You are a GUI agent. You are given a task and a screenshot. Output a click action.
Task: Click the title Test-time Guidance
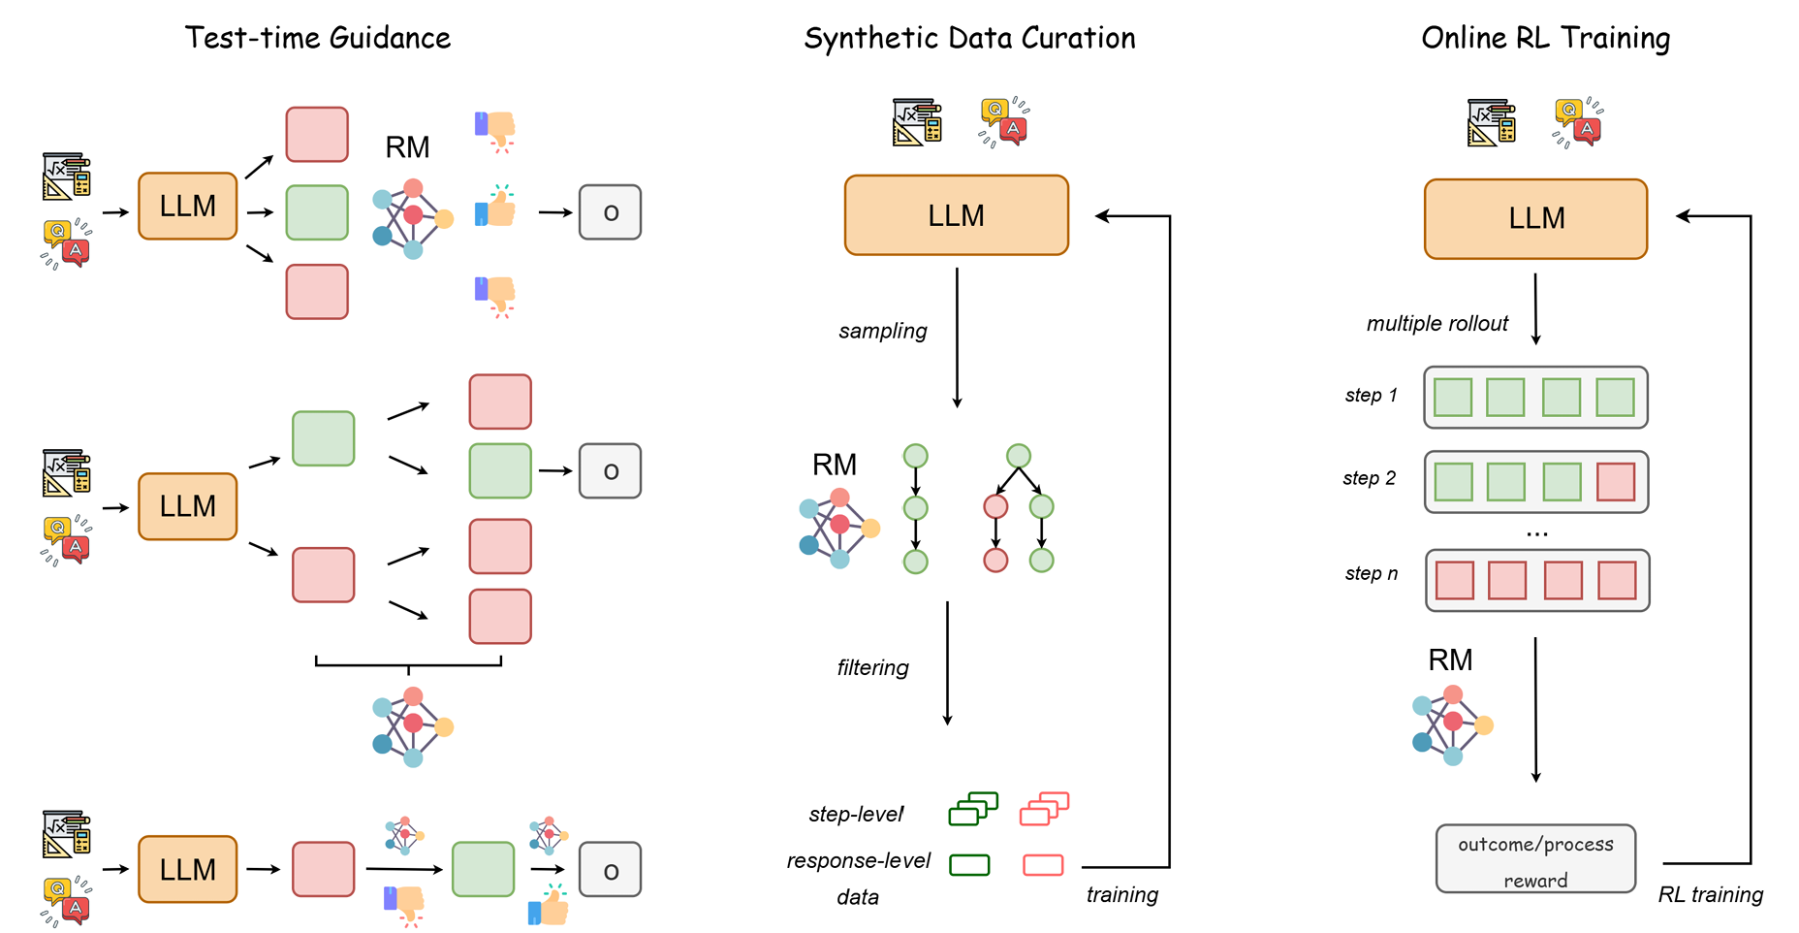[x=318, y=38]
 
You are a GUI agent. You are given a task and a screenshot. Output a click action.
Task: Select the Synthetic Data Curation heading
[x=969, y=38]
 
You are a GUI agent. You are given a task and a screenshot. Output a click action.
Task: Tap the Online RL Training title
[x=1545, y=38]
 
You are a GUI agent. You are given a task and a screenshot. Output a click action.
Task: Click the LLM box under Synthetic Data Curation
[x=956, y=215]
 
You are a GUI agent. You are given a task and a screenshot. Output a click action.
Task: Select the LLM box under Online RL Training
[x=1535, y=218]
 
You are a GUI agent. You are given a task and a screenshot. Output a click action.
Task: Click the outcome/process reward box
[x=1535, y=859]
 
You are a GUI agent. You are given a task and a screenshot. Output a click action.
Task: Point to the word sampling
[x=882, y=331]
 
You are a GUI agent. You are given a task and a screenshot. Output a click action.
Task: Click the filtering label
[x=872, y=667]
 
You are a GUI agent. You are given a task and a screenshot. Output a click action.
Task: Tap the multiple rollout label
[x=1436, y=323]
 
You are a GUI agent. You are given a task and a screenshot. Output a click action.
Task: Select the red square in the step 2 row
[x=1615, y=482]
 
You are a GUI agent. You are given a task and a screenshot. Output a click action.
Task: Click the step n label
[x=1371, y=573]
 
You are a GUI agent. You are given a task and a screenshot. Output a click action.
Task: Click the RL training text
[x=1710, y=894]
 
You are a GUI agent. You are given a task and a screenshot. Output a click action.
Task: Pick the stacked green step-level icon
[x=973, y=809]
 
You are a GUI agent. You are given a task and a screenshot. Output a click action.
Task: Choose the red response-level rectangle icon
[x=1043, y=865]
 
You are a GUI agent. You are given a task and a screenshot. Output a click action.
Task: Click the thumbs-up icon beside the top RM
[x=496, y=206]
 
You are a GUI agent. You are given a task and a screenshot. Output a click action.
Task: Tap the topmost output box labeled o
[x=610, y=212]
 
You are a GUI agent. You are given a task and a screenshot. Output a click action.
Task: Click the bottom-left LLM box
[x=187, y=869]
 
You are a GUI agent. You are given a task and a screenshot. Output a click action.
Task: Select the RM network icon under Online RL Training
[x=1451, y=724]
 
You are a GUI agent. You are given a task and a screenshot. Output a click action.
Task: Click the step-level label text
[x=856, y=814]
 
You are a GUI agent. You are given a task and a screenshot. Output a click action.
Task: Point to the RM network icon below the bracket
[x=412, y=726]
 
